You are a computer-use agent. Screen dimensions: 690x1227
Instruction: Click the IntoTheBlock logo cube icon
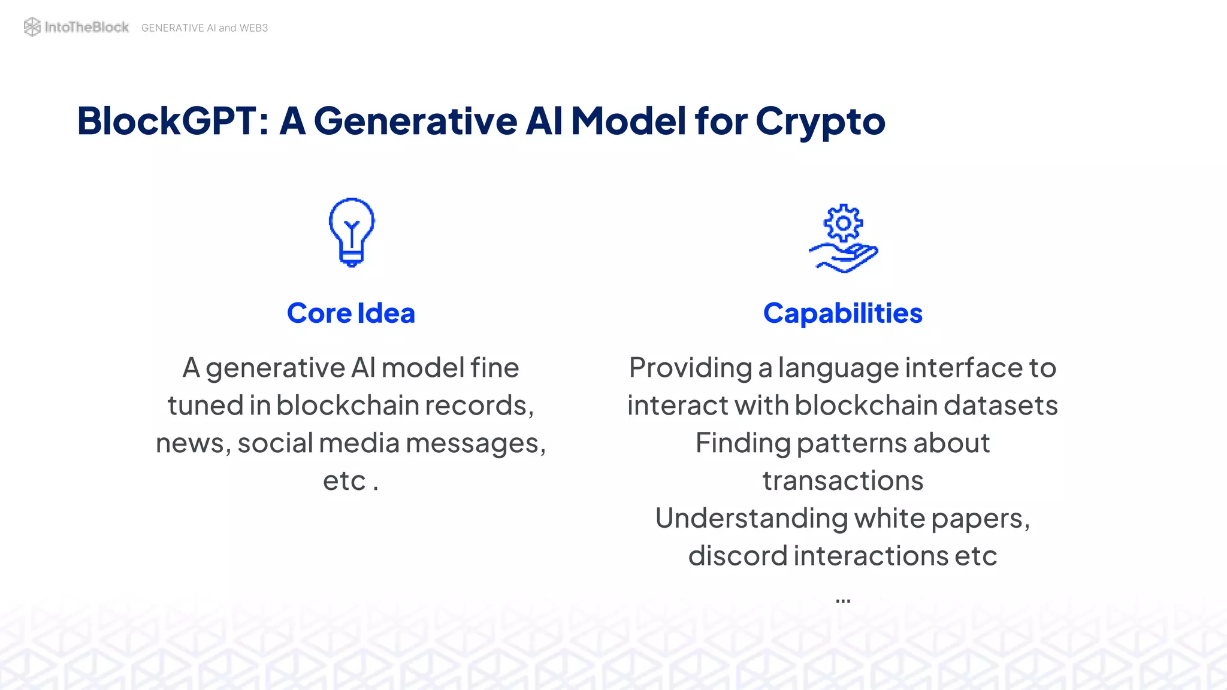[32, 27]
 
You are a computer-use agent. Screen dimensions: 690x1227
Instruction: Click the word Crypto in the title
[820, 121]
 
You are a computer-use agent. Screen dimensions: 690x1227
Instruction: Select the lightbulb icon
[352, 232]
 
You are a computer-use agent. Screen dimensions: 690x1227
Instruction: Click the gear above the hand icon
[844, 223]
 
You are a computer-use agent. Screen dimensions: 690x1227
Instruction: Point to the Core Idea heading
[351, 313]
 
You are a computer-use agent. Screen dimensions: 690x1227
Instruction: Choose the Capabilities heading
[842, 313]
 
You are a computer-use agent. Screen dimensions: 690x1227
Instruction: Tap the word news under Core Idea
[189, 443]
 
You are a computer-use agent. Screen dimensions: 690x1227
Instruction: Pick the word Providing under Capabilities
[690, 368]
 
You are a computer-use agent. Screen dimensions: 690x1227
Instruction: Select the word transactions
[842, 480]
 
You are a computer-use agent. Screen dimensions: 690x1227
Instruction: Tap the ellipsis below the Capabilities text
[843, 600]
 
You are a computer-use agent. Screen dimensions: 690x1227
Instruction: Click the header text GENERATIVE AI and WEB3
[204, 28]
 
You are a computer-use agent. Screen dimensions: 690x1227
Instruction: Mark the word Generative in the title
[415, 121]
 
